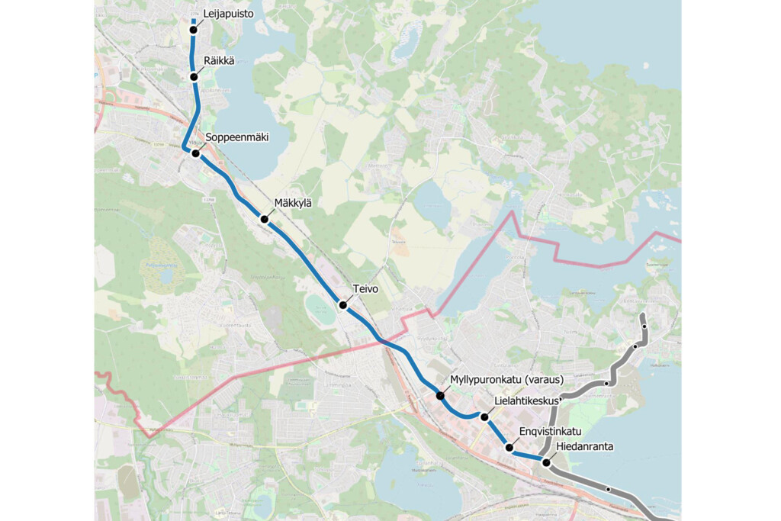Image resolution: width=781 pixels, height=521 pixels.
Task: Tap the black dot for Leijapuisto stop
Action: point(194,30)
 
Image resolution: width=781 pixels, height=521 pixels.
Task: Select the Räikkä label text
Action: point(218,60)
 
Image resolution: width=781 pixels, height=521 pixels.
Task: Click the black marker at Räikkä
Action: point(194,76)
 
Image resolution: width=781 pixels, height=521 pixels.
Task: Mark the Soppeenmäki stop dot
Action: point(195,153)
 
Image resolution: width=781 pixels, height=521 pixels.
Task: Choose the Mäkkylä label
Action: point(293,202)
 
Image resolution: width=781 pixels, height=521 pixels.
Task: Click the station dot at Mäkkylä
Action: point(265,220)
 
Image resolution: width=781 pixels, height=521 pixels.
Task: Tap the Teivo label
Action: point(365,289)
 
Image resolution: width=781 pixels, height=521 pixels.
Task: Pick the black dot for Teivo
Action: point(343,305)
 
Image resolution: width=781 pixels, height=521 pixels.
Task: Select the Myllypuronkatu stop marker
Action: point(440,396)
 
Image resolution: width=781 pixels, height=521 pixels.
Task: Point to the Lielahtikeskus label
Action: point(528,400)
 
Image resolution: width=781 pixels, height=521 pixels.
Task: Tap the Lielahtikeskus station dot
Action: point(484,416)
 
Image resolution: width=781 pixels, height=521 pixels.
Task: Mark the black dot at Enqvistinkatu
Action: point(509,448)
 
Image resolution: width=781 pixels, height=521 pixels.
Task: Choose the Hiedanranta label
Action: point(585,446)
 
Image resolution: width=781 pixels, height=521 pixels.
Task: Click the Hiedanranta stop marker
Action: point(546,462)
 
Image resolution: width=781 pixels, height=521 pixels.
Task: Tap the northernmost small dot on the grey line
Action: point(644,326)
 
